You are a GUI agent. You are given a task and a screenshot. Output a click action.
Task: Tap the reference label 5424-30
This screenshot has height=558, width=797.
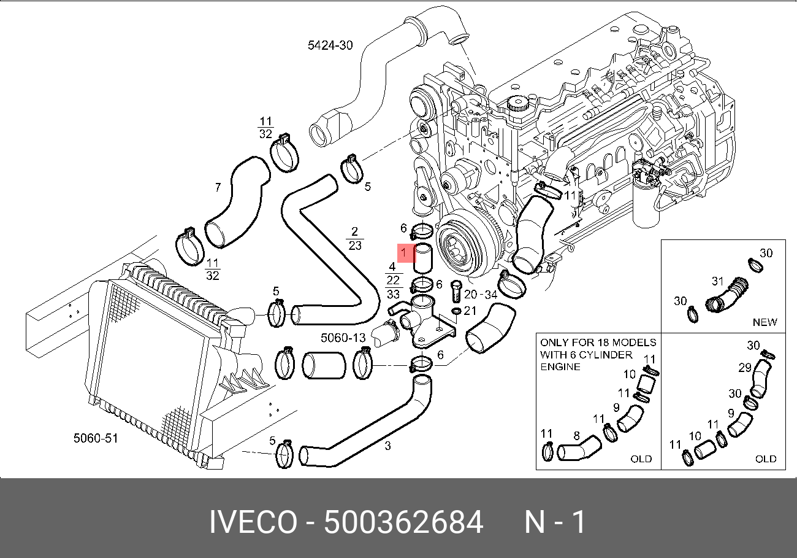(x=330, y=45)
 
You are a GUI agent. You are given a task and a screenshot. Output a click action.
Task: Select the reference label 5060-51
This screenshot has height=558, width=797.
(x=95, y=438)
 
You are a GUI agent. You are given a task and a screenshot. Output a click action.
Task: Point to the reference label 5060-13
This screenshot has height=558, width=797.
(x=343, y=338)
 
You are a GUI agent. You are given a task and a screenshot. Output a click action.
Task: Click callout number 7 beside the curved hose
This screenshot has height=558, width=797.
(x=217, y=187)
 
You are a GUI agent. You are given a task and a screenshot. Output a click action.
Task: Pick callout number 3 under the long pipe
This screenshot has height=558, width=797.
(x=387, y=446)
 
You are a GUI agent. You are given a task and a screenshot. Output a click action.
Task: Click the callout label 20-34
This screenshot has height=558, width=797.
(x=481, y=294)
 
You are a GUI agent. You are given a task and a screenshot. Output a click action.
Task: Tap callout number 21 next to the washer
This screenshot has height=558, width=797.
(x=470, y=311)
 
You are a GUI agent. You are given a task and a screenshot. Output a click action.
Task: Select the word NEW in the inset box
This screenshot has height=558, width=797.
(x=765, y=322)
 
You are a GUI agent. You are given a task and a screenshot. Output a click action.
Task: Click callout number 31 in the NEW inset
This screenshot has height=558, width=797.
(x=718, y=282)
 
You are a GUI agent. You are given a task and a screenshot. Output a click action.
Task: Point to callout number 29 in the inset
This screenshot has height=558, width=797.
(x=744, y=368)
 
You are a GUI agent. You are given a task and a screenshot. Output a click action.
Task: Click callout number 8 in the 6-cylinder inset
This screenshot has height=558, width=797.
(x=576, y=436)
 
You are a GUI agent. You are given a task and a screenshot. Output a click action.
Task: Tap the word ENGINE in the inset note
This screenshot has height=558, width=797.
(x=560, y=367)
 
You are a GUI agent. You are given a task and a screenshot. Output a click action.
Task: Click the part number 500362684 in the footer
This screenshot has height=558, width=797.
(x=403, y=523)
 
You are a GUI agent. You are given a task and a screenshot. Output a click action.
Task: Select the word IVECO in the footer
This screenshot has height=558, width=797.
(x=253, y=523)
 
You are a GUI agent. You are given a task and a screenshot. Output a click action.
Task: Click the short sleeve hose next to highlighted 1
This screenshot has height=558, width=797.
(x=423, y=258)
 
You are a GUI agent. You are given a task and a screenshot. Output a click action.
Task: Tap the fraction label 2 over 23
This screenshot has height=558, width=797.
(x=354, y=239)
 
